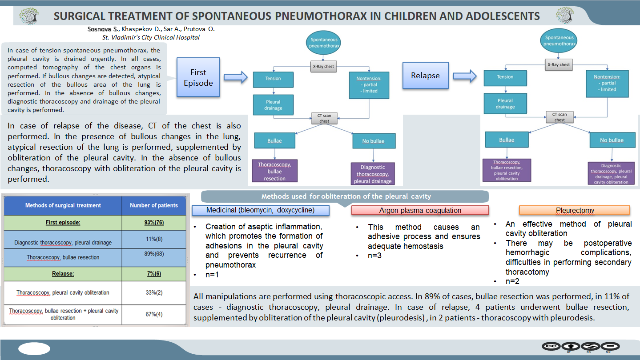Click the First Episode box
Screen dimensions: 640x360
pyautogui.click(x=198, y=77)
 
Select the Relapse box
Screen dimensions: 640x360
pyautogui.click(x=426, y=76)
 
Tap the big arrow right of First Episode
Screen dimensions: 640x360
pyautogui.click(x=235, y=77)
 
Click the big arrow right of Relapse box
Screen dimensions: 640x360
pyautogui.click(x=465, y=76)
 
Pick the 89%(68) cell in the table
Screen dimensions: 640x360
pyautogui.click(x=154, y=258)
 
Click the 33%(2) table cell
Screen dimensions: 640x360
pyautogui.click(x=154, y=292)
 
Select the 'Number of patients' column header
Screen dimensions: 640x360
pyautogui.click(x=154, y=205)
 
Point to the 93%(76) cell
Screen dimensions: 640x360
pyautogui.click(x=154, y=222)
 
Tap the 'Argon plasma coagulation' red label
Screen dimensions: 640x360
pyautogui.click(x=420, y=210)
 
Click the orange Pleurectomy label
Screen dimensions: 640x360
pyautogui.click(x=575, y=210)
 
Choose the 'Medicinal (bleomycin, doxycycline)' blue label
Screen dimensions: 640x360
pyautogui.click(x=260, y=210)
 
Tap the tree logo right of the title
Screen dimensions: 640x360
pyautogui.click(x=565, y=15)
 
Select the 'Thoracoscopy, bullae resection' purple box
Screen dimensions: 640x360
pyautogui.click(x=274, y=171)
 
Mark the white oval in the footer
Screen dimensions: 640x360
pyautogui.click(x=34, y=348)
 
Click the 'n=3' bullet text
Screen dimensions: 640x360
pyautogui.click(x=374, y=256)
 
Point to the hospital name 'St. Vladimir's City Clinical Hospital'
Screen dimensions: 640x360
pyautogui.click(x=151, y=37)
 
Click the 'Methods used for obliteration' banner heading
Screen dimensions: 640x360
pyautogui.click(x=346, y=196)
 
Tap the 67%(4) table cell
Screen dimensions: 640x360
pyautogui.click(x=154, y=314)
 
